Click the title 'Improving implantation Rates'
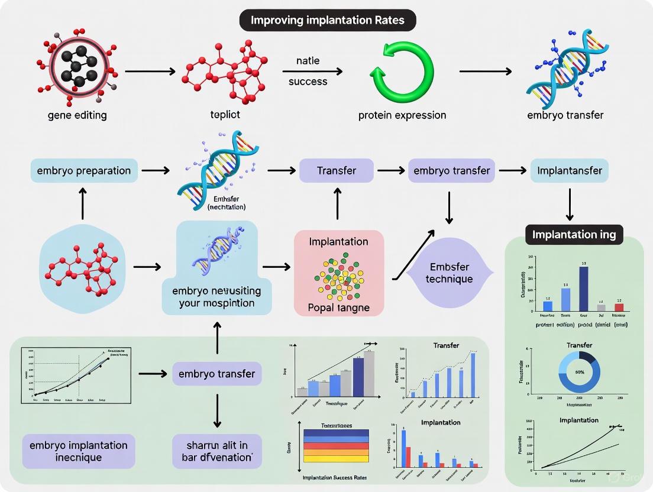327,20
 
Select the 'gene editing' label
77,115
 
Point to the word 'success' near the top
308,82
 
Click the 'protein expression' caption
402,115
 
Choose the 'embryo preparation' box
83,170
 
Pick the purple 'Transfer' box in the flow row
337,170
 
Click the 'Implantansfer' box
570,170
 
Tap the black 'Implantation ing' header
574,234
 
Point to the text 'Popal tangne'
339,307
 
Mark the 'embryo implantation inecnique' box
79,451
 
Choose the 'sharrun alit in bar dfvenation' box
216,451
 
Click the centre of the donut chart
580,372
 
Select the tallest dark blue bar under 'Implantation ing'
583,288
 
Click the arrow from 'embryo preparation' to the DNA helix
154,170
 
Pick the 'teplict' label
225,115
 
